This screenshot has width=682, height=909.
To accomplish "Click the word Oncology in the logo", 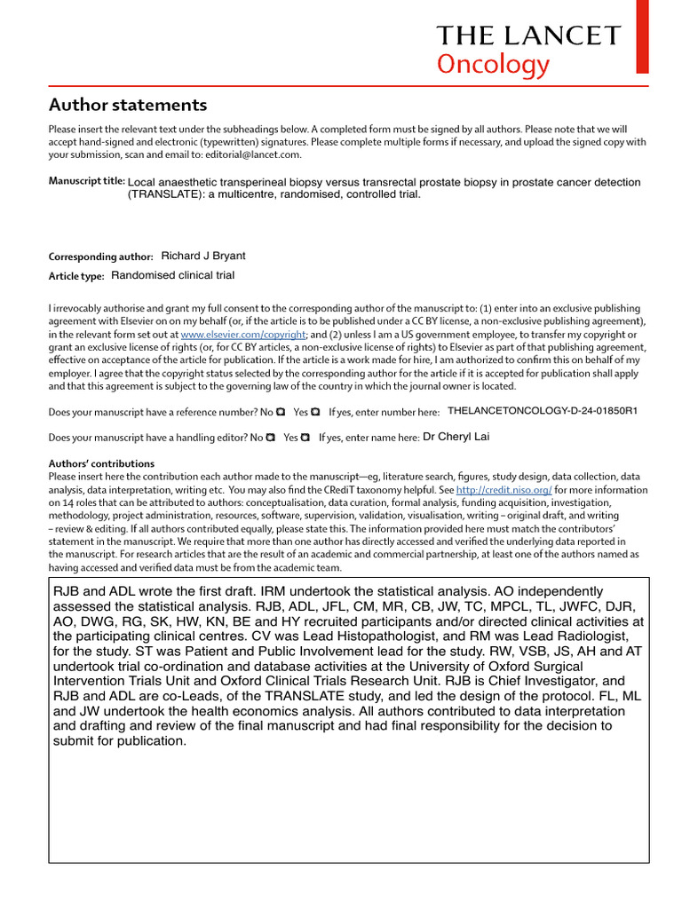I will (x=493, y=65).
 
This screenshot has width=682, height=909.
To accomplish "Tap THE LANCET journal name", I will (x=527, y=36).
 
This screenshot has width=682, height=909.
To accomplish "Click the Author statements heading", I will (x=128, y=105).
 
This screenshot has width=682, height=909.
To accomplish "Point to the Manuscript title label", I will (x=86, y=181).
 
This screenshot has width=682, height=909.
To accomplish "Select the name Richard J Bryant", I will (x=203, y=256).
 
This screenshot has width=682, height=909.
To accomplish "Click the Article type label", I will (x=76, y=276).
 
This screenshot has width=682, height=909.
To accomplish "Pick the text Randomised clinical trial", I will (x=173, y=275).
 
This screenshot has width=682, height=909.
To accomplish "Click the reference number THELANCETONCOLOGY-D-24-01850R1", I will (x=543, y=412).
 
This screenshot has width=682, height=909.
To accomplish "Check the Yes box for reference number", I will (x=315, y=413).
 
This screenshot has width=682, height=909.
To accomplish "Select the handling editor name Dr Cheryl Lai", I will (x=456, y=437).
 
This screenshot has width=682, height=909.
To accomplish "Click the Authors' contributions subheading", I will (x=101, y=463).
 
